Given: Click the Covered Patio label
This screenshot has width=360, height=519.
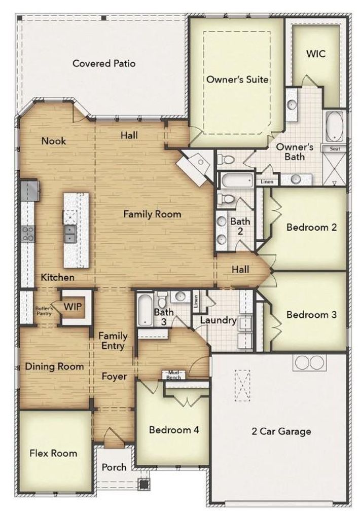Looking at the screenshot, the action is click(104, 63).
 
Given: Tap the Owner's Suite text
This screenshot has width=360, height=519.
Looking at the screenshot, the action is click(237, 80).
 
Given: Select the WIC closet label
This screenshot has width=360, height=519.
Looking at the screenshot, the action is click(316, 54).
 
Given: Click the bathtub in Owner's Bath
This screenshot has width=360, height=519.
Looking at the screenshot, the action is click(335, 127).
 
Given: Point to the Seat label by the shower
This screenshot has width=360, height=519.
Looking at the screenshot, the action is click(335, 149).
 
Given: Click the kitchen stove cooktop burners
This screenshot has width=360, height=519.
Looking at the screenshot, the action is click(28, 233).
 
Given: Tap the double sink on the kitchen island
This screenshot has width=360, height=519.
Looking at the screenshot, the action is click(70, 234).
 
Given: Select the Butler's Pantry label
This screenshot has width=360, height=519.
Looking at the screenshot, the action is click(44, 311).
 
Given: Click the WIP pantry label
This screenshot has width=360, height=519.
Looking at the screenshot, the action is click(73, 307).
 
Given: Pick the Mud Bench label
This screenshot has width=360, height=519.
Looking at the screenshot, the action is click(173, 375).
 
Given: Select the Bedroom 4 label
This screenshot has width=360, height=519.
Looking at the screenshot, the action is click(174, 430).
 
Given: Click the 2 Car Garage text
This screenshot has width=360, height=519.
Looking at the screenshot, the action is click(281, 431).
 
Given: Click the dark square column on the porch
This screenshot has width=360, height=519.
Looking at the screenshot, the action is click(143, 484).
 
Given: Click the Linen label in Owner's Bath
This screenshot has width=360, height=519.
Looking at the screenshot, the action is click(267, 182).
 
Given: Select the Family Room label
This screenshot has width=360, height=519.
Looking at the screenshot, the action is click(152, 214).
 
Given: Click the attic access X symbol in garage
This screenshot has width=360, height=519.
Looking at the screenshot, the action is click(243, 385).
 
